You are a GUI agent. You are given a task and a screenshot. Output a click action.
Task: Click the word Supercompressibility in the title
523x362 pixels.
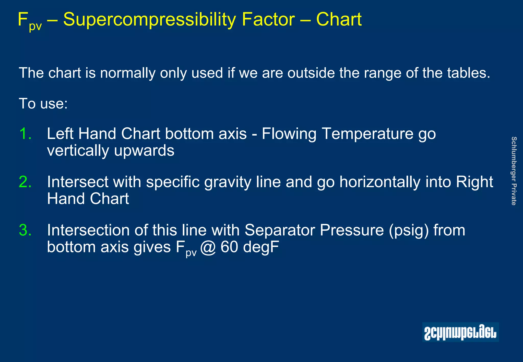point(149,20)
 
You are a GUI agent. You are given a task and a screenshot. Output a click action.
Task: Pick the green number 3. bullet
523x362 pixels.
point(25,230)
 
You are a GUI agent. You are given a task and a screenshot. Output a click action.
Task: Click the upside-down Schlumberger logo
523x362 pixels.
point(460,332)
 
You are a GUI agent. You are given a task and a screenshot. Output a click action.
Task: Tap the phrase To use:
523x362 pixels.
point(43,104)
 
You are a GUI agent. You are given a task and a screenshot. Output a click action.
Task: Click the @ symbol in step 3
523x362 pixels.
point(208,247)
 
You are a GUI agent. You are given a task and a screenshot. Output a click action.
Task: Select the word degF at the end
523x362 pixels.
point(261,247)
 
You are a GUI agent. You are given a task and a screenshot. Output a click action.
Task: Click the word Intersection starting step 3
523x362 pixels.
point(88,230)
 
